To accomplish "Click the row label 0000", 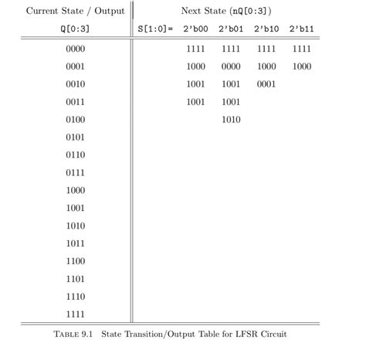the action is click(x=75, y=49).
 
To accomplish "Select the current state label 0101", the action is click(x=75, y=138).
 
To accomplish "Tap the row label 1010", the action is click(x=75, y=226).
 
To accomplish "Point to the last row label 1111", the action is click(x=75, y=314).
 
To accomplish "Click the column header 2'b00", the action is click(x=195, y=29).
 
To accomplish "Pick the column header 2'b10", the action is click(x=266, y=29).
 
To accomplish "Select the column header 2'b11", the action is click(x=302, y=29).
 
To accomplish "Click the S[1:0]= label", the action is click(x=154, y=29).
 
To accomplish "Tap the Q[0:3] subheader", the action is click(x=75, y=29).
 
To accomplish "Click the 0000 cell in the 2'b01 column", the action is click(x=230, y=67).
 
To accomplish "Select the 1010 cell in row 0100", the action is click(x=230, y=120).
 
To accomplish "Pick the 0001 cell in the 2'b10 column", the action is click(x=266, y=85).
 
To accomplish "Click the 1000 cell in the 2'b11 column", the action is click(x=302, y=67).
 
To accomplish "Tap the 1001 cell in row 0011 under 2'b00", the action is click(x=195, y=102).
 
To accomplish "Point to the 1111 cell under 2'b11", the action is click(x=302, y=49).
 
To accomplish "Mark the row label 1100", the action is click(x=75, y=261).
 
